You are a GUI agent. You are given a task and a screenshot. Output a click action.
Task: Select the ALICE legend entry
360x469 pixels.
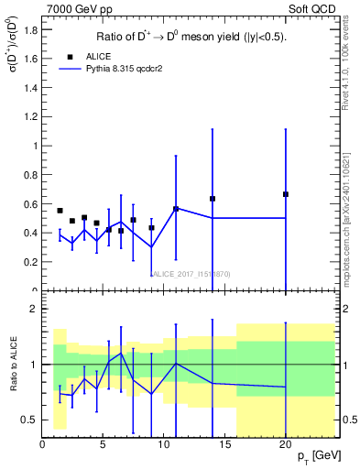pyautogui.click(x=93, y=55)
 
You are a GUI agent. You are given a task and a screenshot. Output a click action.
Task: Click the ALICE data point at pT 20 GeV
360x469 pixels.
pyautogui.click(x=286, y=194)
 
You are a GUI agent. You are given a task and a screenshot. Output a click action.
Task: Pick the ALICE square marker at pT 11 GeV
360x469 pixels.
pyautogui.click(x=176, y=209)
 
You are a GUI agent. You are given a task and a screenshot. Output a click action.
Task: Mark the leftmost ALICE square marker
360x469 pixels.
pyautogui.click(x=60, y=211)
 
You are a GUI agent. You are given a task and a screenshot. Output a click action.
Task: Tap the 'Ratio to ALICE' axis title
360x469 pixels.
pyautogui.click(x=13, y=365)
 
